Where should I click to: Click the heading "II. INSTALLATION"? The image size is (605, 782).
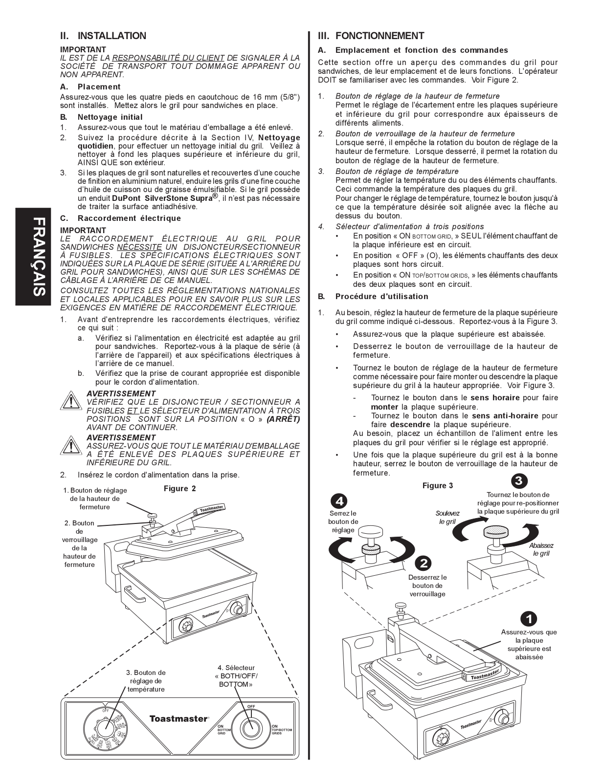[x=103, y=36]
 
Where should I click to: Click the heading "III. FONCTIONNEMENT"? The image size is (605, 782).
[x=371, y=36]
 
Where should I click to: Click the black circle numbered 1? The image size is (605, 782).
[x=528, y=618]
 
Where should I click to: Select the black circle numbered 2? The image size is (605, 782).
[x=423, y=563]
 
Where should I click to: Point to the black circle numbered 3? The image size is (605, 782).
[x=518, y=480]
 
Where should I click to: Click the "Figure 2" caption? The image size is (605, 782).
[x=179, y=489]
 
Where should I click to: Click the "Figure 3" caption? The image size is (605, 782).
[x=438, y=486]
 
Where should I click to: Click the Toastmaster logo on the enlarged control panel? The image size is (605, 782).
[x=179, y=718]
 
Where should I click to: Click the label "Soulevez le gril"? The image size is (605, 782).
[x=448, y=517]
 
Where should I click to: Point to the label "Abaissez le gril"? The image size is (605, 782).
[x=541, y=549]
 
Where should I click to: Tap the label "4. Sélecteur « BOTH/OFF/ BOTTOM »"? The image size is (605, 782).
[x=236, y=676]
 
